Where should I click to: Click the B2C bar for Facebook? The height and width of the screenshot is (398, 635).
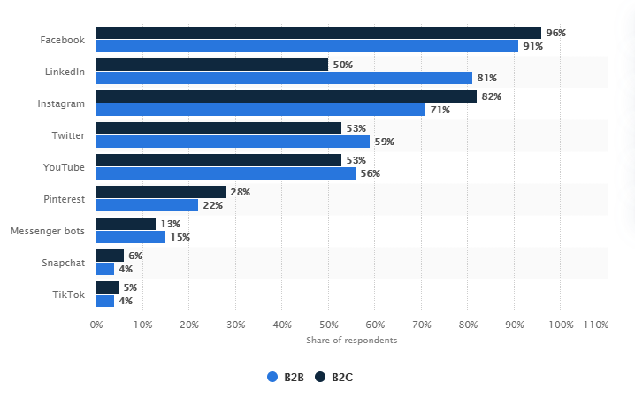pos(318,33)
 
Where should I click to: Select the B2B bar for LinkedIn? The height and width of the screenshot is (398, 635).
pos(284,78)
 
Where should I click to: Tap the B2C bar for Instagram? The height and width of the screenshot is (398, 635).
pos(286,96)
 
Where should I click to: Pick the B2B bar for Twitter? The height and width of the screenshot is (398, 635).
pos(233,142)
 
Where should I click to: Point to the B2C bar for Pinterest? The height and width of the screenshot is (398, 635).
pos(160,192)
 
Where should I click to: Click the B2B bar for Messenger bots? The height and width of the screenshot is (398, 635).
pos(130,237)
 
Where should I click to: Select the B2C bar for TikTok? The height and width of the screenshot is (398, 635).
pos(107,287)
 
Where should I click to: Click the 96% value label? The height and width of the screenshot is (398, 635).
pos(555,33)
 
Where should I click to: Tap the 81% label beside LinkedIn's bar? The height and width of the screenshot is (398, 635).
pos(486,78)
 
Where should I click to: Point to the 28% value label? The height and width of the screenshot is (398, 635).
pos(240,192)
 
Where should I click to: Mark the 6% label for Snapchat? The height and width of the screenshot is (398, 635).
pos(135,256)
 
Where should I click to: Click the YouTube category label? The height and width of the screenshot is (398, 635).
pos(65,167)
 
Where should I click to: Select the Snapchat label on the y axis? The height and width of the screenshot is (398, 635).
pos(64,263)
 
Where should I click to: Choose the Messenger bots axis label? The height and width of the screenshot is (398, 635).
pos(48,231)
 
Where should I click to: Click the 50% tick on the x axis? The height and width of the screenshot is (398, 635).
pos(328,325)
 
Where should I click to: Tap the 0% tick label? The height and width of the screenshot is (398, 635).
pos(96,325)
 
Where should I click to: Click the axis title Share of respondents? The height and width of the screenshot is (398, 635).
pos(351,341)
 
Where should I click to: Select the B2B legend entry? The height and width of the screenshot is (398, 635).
pos(287,377)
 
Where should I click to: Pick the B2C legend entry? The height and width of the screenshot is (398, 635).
pos(335,377)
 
